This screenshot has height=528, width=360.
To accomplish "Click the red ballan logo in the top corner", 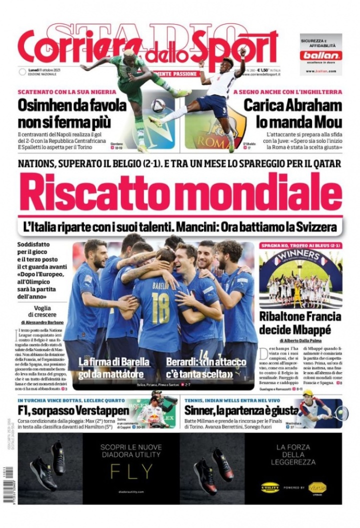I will click(x=320, y=55).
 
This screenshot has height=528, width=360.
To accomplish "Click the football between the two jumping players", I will click(x=158, y=105).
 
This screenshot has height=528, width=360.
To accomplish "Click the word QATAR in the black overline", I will click(x=325, y=163).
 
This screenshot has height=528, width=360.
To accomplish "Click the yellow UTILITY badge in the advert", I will click(x=270, y=487).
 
